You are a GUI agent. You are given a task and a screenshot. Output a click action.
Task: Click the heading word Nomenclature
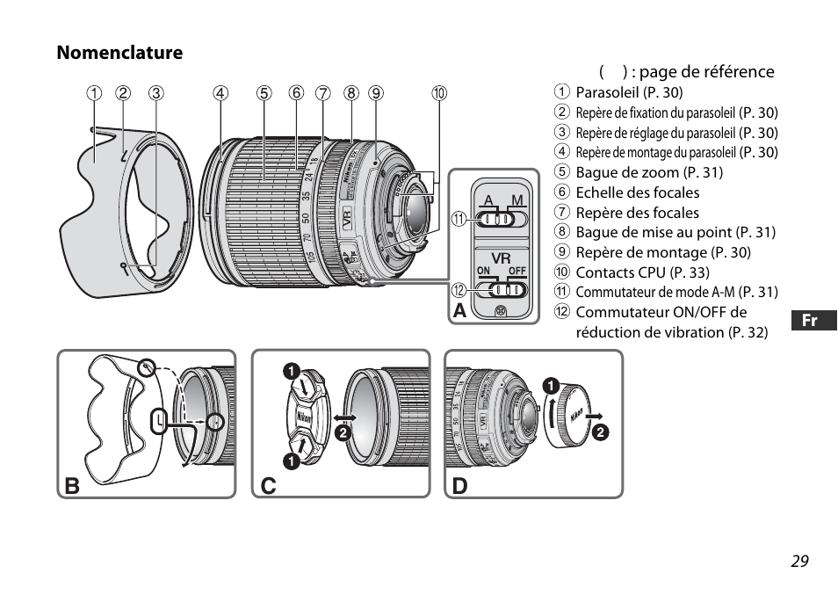point(120,53)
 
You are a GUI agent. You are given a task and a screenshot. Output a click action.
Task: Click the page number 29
point(798,562)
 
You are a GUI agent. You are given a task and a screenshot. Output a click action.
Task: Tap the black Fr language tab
point(810,321)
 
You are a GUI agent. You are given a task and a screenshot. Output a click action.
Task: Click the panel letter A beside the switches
point(459,312)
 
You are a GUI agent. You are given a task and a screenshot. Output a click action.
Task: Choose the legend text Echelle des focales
point(638,192)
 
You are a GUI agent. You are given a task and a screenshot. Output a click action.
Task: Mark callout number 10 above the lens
point(438,92)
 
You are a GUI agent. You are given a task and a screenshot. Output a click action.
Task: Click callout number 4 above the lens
point(220,92)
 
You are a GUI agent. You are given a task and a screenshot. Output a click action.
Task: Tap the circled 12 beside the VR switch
point(459,290)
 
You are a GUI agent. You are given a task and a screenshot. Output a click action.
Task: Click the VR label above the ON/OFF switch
point(501,258)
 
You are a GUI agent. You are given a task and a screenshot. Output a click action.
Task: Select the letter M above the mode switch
point(517,200)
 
